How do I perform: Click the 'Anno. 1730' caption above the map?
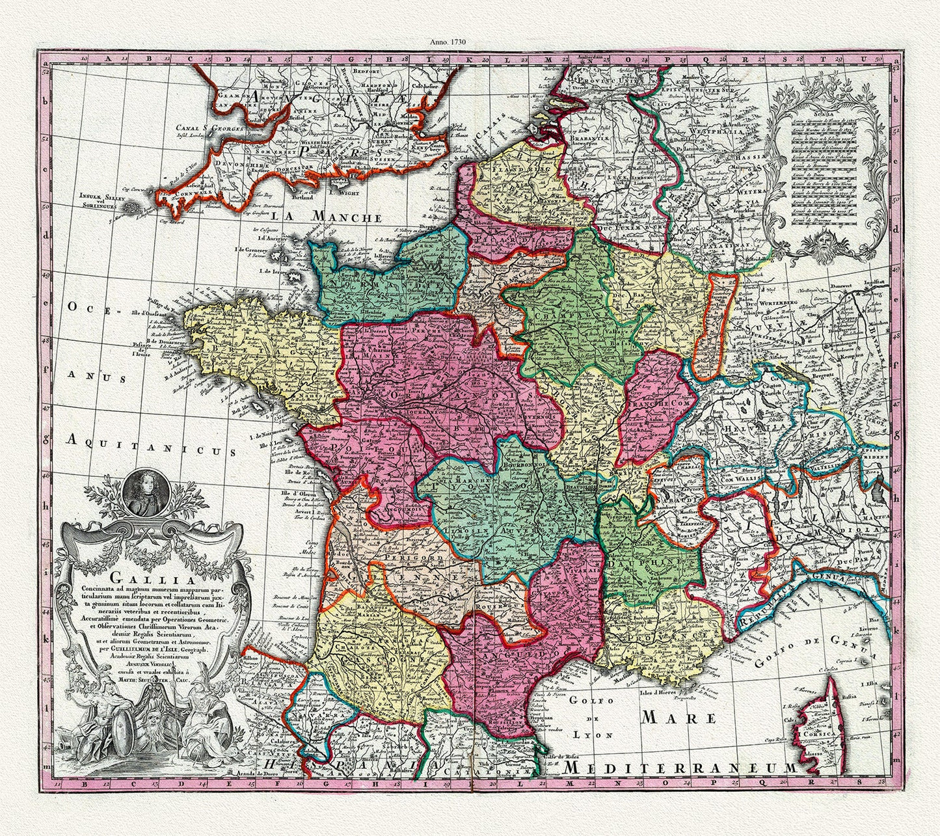448,41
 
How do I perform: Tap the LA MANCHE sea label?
327,217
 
